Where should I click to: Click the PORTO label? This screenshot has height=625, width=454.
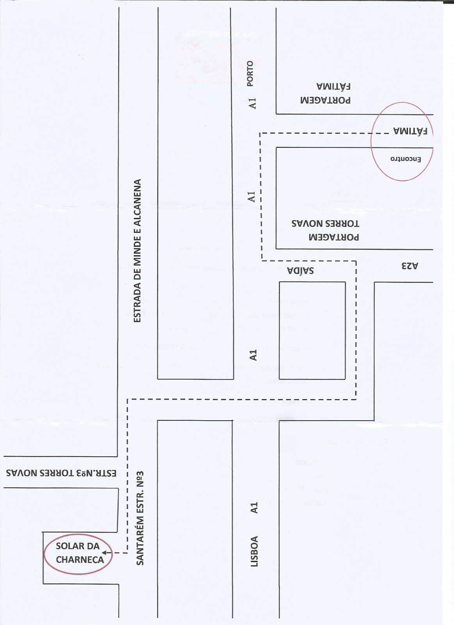click(250, 73)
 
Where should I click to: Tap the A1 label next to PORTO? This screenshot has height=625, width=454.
click(252, 103)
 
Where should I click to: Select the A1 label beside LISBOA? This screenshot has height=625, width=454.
click(254, 508)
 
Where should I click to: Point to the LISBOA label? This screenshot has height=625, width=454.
click(254, 551)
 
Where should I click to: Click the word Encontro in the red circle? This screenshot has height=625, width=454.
click(406, 159)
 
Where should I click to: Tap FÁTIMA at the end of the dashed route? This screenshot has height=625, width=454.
click(410, 131)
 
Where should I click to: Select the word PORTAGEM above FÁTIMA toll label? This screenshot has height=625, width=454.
click(325, 100)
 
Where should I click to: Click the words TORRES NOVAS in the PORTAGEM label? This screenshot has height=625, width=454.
click(325, 223)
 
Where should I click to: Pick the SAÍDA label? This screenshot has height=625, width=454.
click(300, 270)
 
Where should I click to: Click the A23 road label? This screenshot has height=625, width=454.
click(409, 266)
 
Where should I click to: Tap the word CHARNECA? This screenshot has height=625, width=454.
click(80, 560)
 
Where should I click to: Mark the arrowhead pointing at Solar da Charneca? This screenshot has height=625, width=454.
click(104, 553)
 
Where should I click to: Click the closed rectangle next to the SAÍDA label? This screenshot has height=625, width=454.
click(312, 330)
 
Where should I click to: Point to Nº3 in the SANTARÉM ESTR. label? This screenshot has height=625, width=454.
click(140, 480)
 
